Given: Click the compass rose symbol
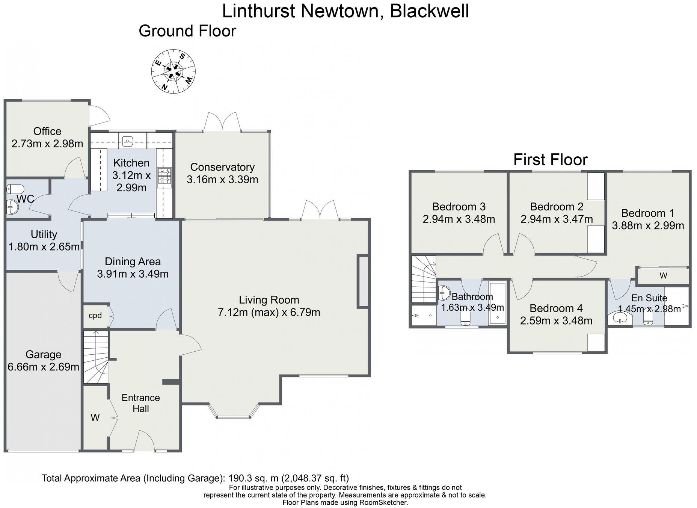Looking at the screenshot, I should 173,71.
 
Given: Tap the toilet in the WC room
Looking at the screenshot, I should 15,188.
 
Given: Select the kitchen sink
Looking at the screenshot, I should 128,142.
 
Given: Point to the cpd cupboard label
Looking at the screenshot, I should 95,315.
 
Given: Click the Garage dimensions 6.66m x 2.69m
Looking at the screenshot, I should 44,367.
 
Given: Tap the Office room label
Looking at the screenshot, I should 47,131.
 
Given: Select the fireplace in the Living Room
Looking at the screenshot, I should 363,281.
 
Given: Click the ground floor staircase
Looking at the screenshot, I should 95,357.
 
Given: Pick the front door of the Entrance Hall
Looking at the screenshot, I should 145,441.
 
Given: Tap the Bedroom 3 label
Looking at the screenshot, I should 459,207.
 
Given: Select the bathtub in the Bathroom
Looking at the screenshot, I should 498,304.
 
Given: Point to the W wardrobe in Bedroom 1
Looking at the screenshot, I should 663,276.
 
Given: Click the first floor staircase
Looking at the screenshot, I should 424,279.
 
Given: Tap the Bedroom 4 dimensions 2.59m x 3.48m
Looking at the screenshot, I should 556,321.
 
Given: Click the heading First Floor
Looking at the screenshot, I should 550,160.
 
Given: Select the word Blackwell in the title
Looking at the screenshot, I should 429,11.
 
